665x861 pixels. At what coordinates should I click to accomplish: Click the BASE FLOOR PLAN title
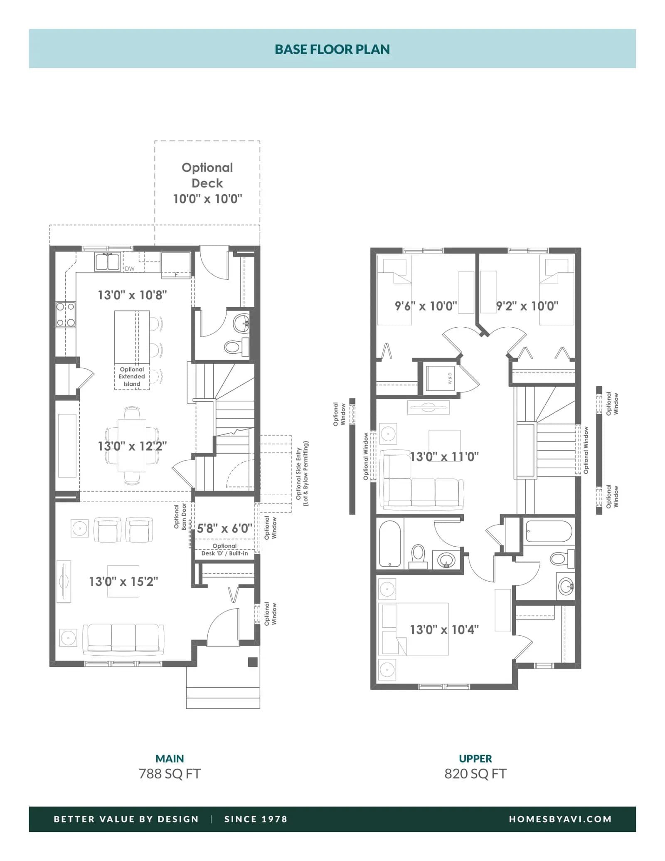(x=332, y=49)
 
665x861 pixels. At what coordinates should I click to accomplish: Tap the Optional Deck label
(x=207, y=175)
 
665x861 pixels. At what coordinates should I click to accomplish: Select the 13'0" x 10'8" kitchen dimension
(x=132, y=295)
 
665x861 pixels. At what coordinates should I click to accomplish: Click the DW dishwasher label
(x=130, y=269)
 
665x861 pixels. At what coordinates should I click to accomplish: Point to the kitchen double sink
(x=107, y=262)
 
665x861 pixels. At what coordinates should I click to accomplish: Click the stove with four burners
(x=66, y=315)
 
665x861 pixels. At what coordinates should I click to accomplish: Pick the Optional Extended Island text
(x=132, y=376)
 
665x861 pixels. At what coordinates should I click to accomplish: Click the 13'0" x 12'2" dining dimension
(x=132, y=446)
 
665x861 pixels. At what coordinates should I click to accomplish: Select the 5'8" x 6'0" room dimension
(x=224, y=528)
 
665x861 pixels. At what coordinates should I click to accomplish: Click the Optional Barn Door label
(x=180, y=516)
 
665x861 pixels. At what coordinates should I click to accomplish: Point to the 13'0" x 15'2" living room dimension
(x=123, y=581)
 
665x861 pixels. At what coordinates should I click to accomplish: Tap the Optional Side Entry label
(x=302, y=474)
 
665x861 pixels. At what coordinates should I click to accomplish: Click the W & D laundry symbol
(x=450, y=378)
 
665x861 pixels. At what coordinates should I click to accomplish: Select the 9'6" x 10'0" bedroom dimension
(x=426, y=306)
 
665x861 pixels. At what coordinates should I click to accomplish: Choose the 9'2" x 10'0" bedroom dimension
(x=527, y=306)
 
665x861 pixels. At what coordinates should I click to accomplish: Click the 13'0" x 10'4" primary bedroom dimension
(x=444, y=629)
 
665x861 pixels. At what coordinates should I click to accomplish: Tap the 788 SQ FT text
(x=170, y=774)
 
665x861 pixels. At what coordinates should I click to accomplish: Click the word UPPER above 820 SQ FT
(x=475, y=758)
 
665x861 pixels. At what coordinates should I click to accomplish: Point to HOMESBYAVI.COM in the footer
(x=560, y=819)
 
